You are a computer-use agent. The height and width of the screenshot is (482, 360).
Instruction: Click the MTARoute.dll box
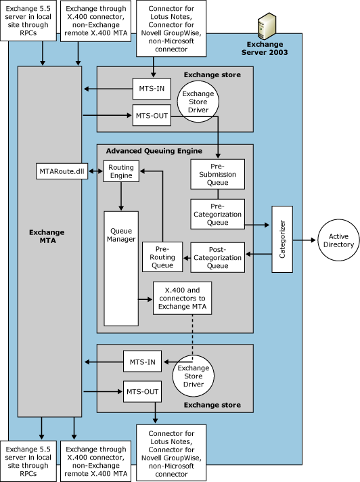[x=62, y=171]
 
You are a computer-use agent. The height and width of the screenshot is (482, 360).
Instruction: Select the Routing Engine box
[x=121, y=171]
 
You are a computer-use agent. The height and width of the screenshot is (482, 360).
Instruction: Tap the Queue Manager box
[x=121, y=268]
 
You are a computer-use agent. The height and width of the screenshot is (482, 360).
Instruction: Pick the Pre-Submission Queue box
[x=217, y=174]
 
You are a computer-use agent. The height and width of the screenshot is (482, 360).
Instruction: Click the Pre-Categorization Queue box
[x=217, y=214]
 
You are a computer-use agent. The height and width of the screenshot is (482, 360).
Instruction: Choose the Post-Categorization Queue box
[x=217, y=257]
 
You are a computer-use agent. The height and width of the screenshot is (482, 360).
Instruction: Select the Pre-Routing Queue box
[x=162, y=257]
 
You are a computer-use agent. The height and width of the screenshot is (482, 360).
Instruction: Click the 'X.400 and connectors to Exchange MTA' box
[x=183, y=298]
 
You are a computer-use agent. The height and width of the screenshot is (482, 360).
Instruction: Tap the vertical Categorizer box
[x=282, y=239]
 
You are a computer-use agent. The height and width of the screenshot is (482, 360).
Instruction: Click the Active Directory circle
[x=338, y=240]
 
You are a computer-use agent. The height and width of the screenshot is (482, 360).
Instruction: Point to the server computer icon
[x=266, y=26]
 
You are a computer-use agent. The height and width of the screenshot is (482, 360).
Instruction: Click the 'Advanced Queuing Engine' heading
[x=154, y=151]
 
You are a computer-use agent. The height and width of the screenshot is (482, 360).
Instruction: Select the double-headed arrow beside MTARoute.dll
[x=95, y=171]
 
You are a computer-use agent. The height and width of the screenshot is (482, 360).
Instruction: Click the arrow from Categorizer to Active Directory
[x=304, y=240]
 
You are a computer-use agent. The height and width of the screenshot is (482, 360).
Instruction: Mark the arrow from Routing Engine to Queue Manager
[x=121, y=196]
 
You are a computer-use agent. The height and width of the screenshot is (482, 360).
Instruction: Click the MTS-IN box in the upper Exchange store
[x=152, y=89]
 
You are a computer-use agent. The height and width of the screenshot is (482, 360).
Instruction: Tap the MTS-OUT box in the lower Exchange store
[x=143, y=391]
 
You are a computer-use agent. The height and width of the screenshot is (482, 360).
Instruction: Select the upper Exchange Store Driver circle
[x=198, y=102]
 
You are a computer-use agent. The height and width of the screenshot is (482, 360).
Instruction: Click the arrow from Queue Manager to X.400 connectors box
[x=145, y=299]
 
